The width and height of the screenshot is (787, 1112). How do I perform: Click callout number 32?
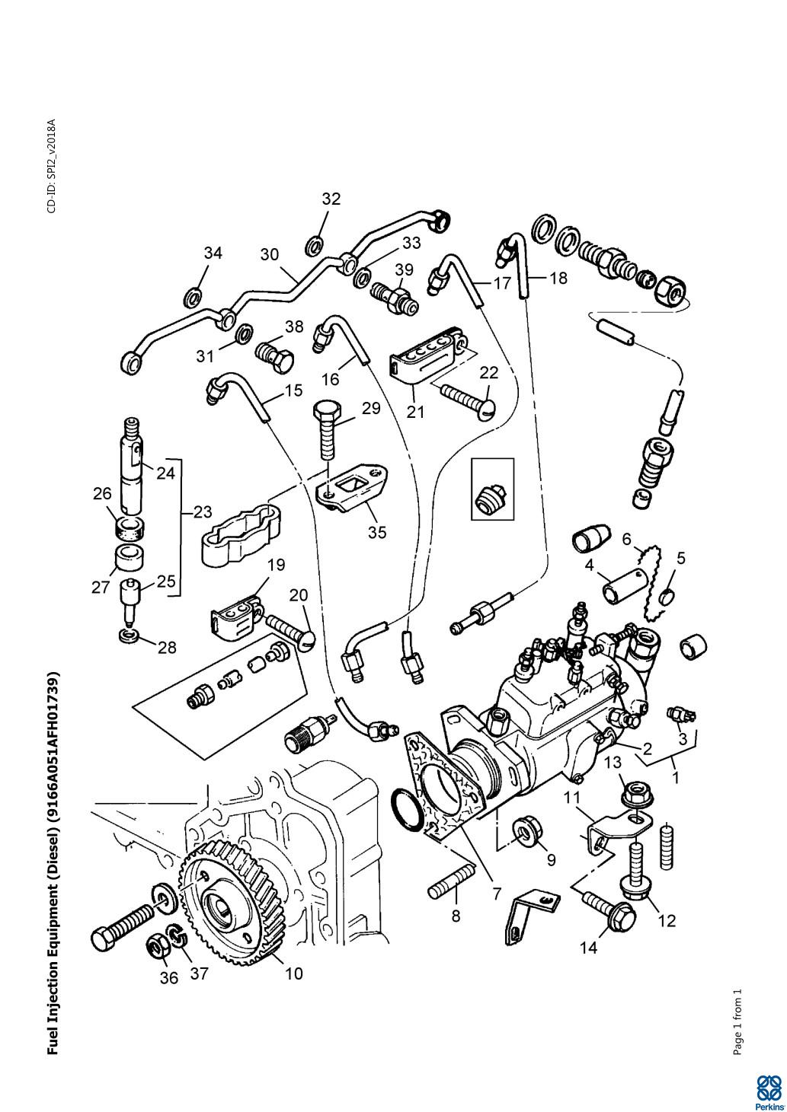(331, 199)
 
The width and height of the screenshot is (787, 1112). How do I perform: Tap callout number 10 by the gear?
(293, 973)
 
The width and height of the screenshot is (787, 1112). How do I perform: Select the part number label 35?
(377, 532)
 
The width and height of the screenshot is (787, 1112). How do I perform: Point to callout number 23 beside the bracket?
(202, 511)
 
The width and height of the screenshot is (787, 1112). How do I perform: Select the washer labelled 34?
(194, 296)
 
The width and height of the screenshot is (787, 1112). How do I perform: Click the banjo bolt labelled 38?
(275, 353)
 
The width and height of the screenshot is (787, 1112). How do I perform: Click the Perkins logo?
(770, 1091)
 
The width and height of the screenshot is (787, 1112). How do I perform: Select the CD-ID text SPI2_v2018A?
(52, 166)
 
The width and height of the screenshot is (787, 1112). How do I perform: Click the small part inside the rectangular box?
(491, 498)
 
